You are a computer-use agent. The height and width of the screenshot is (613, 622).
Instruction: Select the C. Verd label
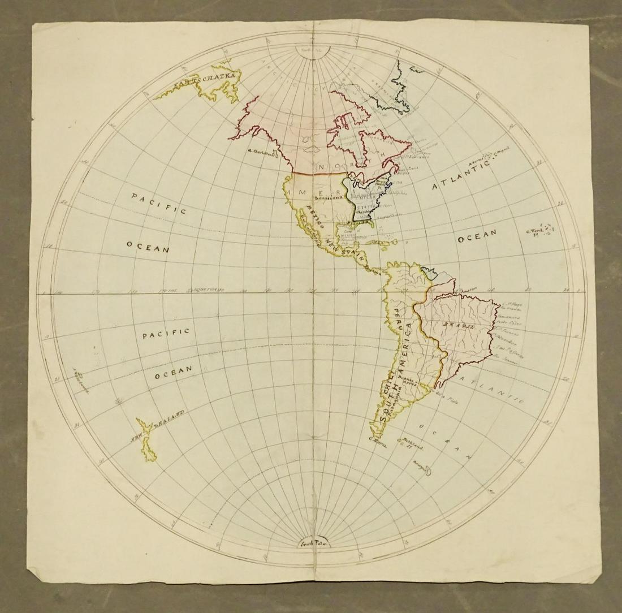coord(534,230)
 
